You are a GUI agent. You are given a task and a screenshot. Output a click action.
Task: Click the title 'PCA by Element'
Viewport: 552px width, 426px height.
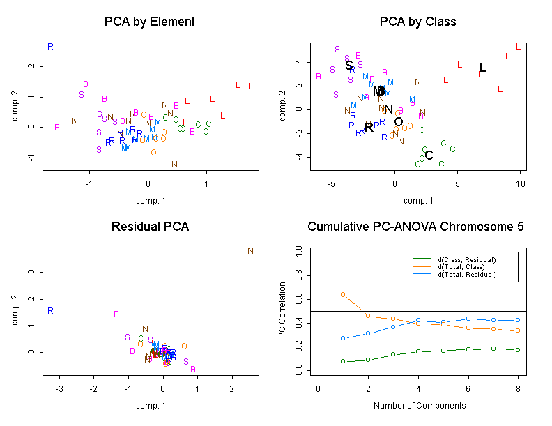click(149, 22)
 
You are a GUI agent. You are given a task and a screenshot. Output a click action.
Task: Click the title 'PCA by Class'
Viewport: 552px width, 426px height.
click(417, 22)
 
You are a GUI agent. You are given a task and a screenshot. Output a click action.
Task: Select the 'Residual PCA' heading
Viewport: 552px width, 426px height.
click(149, 227)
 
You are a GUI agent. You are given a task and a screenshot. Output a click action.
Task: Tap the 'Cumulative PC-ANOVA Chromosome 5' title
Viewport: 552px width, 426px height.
click(415, 227)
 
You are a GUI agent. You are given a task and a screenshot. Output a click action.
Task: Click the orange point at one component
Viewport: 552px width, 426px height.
click(343, 294)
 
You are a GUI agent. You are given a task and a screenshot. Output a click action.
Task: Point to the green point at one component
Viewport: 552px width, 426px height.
click(343, 361)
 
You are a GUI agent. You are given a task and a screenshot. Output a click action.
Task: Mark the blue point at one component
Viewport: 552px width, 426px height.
click(343, 338)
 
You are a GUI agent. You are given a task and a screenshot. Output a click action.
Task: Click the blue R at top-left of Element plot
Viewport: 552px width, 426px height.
click(50, 47)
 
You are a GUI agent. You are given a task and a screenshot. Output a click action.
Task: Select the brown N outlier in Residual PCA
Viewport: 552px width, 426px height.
click(250, 251)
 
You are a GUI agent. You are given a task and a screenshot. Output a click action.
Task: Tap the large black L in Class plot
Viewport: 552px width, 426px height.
click(482, 68)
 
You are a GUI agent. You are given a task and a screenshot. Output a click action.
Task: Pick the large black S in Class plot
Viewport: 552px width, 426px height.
click(349, 66)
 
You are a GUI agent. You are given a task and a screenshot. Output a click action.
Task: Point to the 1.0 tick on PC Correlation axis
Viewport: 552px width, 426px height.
click(298, 248)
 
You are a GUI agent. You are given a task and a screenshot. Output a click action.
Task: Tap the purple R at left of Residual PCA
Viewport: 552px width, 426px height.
click(50, 311)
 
